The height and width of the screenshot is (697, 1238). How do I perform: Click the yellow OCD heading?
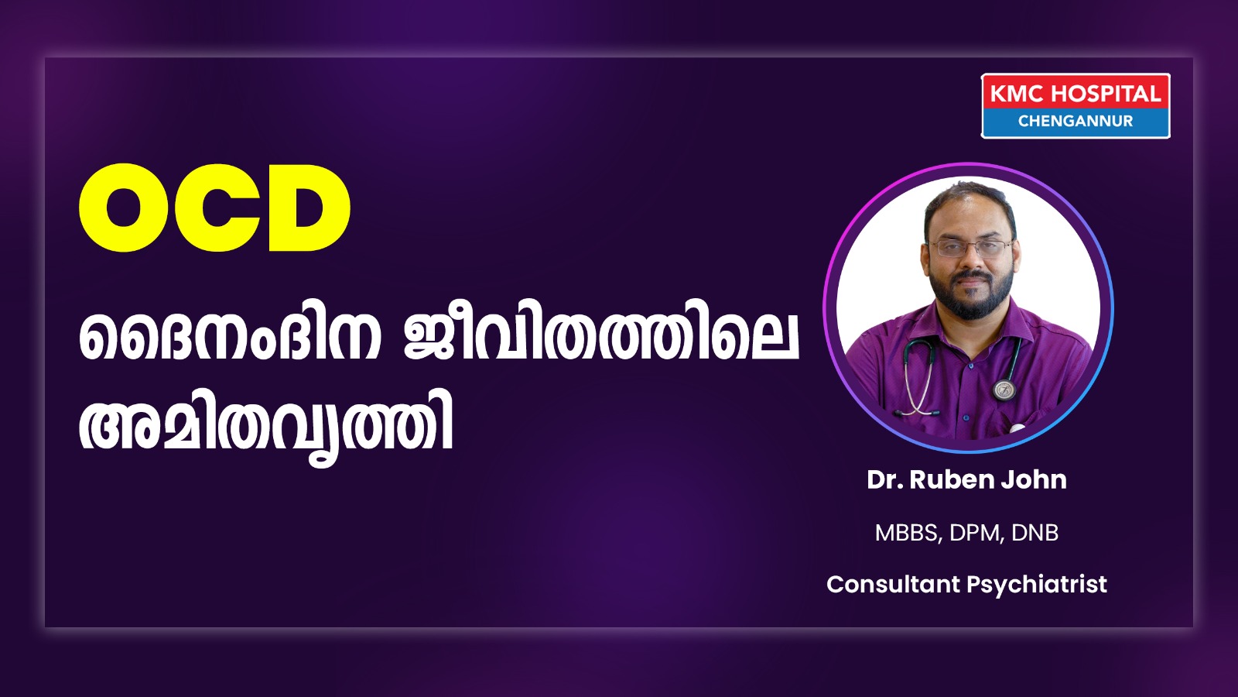214,208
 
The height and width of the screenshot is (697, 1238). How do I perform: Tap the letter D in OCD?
309,208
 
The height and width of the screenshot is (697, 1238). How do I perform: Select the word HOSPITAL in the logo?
1106,94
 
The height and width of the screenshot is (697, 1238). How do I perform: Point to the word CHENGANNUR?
1076,121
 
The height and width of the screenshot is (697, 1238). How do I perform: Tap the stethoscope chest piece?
1004,390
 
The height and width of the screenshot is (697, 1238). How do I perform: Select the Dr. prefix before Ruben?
884,479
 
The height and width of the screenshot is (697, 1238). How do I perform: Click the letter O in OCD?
124,208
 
